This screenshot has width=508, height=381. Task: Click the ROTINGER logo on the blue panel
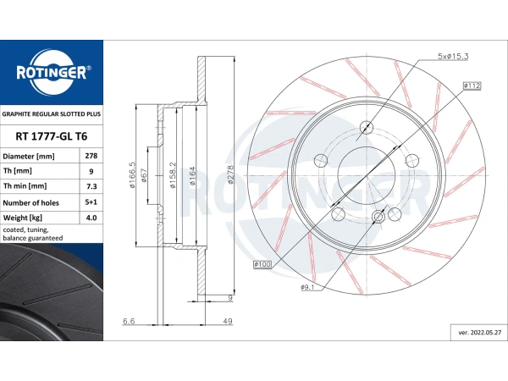(52, 73)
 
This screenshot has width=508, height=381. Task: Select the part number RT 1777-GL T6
(51, 136)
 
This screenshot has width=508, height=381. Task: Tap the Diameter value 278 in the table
(91, 156)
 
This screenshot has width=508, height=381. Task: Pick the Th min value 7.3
(91, 186)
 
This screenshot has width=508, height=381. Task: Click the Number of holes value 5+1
(91, 202)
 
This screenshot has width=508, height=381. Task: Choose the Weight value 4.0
(91, 218)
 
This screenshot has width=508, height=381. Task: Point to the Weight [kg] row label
(22, 218)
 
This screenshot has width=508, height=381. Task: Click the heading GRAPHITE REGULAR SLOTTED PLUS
(52, 114)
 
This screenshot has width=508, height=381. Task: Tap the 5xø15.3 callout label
(453, 57)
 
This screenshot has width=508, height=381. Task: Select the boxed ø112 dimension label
(472, 86)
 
